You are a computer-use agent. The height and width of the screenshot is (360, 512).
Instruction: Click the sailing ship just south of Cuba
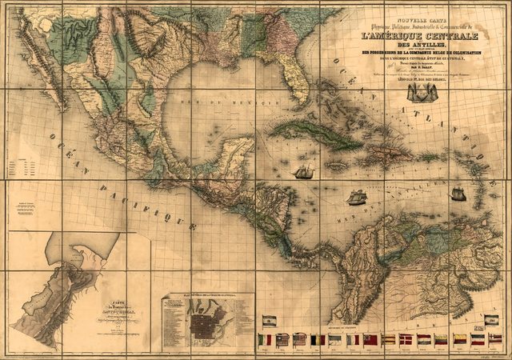(304, 171)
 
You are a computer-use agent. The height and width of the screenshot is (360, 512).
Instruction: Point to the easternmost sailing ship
(458, 193)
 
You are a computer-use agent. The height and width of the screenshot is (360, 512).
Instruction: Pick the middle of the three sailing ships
(356, 197)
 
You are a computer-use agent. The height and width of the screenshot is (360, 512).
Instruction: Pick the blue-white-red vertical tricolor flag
(353, 339)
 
